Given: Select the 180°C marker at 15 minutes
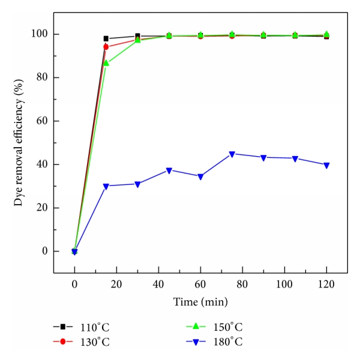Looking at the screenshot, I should (x=106, y=186).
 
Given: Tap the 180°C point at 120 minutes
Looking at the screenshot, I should (x=326, y=165).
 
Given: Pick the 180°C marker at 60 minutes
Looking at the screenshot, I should (x=200, y=176).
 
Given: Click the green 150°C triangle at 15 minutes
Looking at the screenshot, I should (x=106, y=62).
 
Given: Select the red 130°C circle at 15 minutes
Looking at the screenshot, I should (x=106, y=47).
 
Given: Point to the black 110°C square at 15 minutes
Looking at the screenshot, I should (x=106, y=38).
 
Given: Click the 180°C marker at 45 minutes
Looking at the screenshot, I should (x=169, y=170).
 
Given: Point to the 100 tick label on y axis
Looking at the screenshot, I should (x=40, y=34).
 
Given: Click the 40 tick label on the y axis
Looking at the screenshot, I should (x=43, y=164).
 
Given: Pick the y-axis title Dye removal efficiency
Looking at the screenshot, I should (x=19, y=142).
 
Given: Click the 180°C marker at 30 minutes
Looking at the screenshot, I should (x=137, y=184).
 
